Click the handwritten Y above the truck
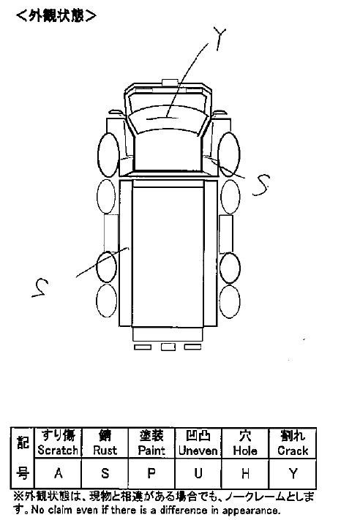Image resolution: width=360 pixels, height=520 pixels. [x=220, y=38]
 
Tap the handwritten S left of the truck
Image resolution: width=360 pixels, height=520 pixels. [x=40, y=287]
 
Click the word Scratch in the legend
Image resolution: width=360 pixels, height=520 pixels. [x=58, y=450]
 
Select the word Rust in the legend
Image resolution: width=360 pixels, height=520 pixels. [x=105, y=450]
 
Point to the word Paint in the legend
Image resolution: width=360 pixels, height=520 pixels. [x=151, y=450]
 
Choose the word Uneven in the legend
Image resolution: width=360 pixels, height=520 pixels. [x=198, y=451]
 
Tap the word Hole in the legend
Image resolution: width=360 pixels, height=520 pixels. [x=245, y=451]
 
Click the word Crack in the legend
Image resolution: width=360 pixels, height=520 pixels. [x=293, y=451]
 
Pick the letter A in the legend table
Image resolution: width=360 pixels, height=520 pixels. [x=59, y=473]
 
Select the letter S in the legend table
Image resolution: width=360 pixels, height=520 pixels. [x=105, y=473]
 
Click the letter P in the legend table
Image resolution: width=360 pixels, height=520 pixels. [x=151, y=473]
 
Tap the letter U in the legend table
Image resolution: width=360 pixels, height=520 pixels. [x=198, y=473]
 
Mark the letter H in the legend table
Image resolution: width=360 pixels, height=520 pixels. [x=245, y=474]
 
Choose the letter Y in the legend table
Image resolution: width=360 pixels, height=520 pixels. [x=293, y=474]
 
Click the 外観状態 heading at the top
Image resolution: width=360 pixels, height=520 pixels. [x=56, y=15]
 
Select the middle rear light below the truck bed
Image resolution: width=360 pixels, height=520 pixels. [x=168, y=347]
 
